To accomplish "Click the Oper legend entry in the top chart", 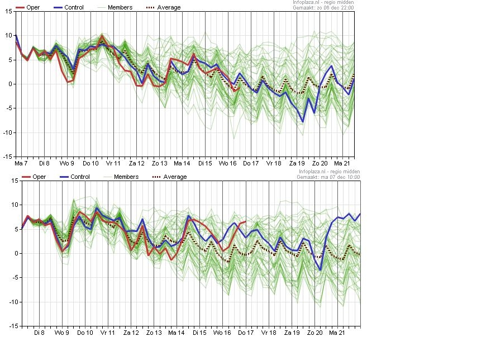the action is (x=27, y=7).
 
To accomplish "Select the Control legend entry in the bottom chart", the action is (x=74, y=177).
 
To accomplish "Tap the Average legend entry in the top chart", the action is (x=164, y=7).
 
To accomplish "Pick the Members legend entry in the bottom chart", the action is (x=121, y=177).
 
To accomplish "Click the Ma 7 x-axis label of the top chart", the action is (x=21, y=163).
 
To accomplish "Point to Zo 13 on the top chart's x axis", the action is (x=160, y=163).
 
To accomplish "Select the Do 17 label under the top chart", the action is (x=251, y=163).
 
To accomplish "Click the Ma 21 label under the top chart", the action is (x=342, y=163).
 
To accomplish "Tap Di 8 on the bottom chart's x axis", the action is (x=39, y=333).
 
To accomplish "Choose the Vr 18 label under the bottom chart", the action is (x=269, y=333).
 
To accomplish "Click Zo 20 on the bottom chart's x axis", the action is (x=314, y=333).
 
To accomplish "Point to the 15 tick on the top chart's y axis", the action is (x=8, y=11).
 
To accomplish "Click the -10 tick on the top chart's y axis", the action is (x=8, y=132).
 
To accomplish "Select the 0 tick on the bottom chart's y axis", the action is (x=16, y=253).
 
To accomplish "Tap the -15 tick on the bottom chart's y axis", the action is (x=14, y=326).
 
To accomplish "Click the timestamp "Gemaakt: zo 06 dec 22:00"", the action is (x=323, y=8).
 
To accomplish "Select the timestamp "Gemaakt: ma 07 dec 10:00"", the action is (x=328, y=177).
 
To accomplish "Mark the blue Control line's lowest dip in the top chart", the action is (x=303, y=121).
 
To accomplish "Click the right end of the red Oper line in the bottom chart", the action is (x=246, y=221).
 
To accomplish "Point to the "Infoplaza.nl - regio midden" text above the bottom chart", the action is (x=329, y=172).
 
